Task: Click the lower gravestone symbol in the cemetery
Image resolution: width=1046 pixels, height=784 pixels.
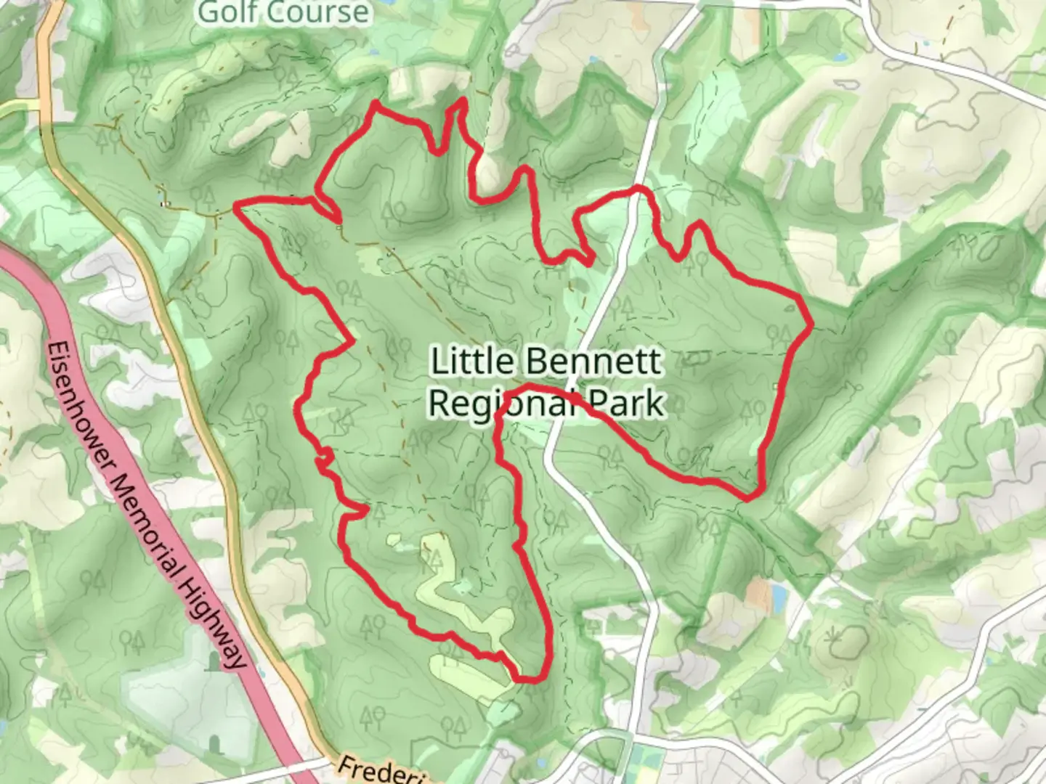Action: pos(214,743)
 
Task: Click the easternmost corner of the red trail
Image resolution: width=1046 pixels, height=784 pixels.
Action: pos(809,322)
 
